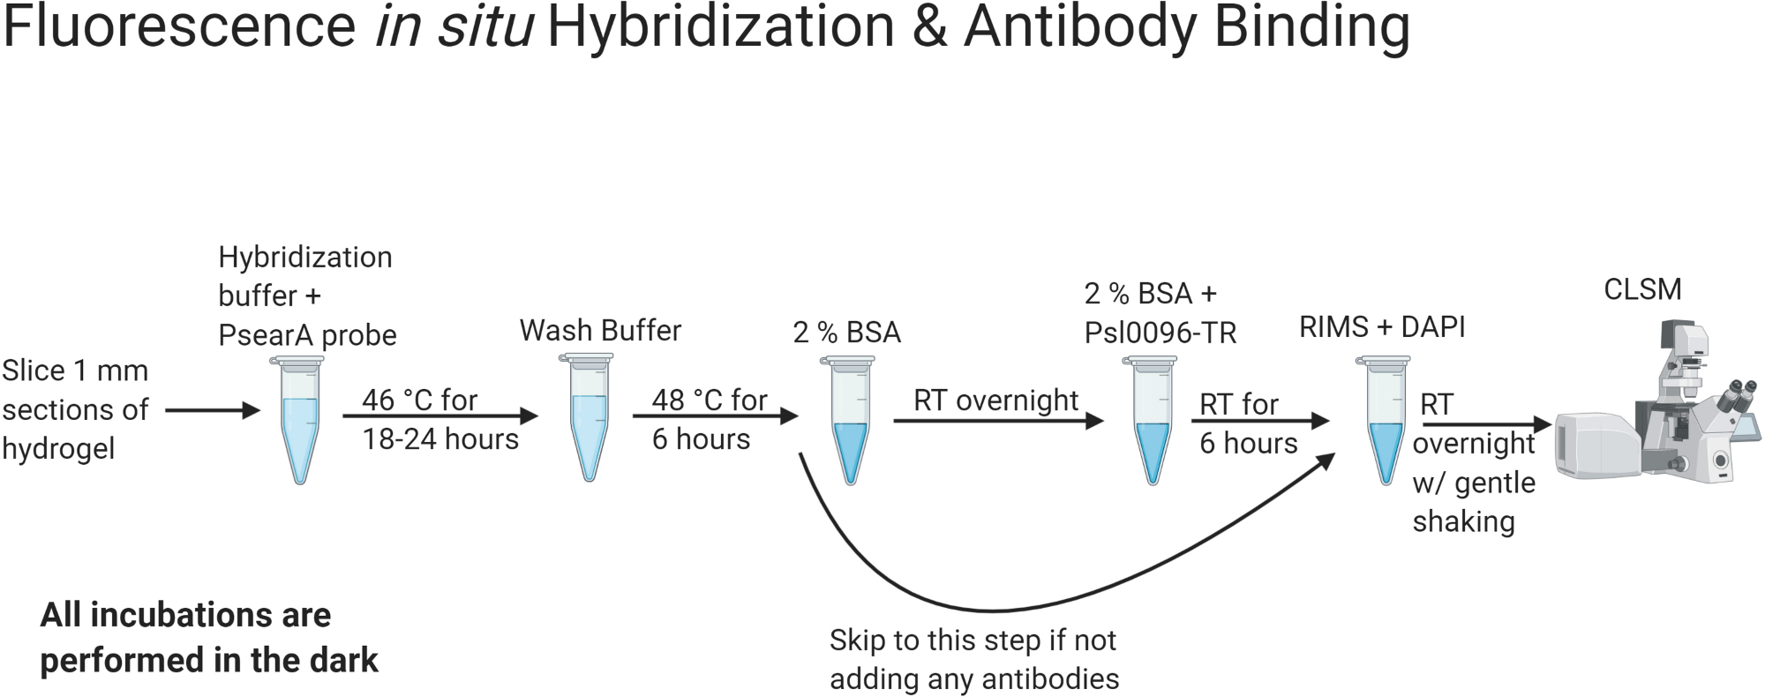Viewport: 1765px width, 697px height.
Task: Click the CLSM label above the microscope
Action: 1641,289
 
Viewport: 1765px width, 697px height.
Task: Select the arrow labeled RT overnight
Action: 997,421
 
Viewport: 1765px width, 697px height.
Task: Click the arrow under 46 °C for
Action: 439,416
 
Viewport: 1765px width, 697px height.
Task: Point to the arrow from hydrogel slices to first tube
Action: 212,410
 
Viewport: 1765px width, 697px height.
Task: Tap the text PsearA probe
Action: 307,335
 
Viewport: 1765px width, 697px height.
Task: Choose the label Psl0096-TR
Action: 1160,333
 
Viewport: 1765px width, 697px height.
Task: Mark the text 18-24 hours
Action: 440,439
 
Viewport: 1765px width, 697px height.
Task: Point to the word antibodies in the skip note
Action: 1055,678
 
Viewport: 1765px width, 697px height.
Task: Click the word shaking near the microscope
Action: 1463,521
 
